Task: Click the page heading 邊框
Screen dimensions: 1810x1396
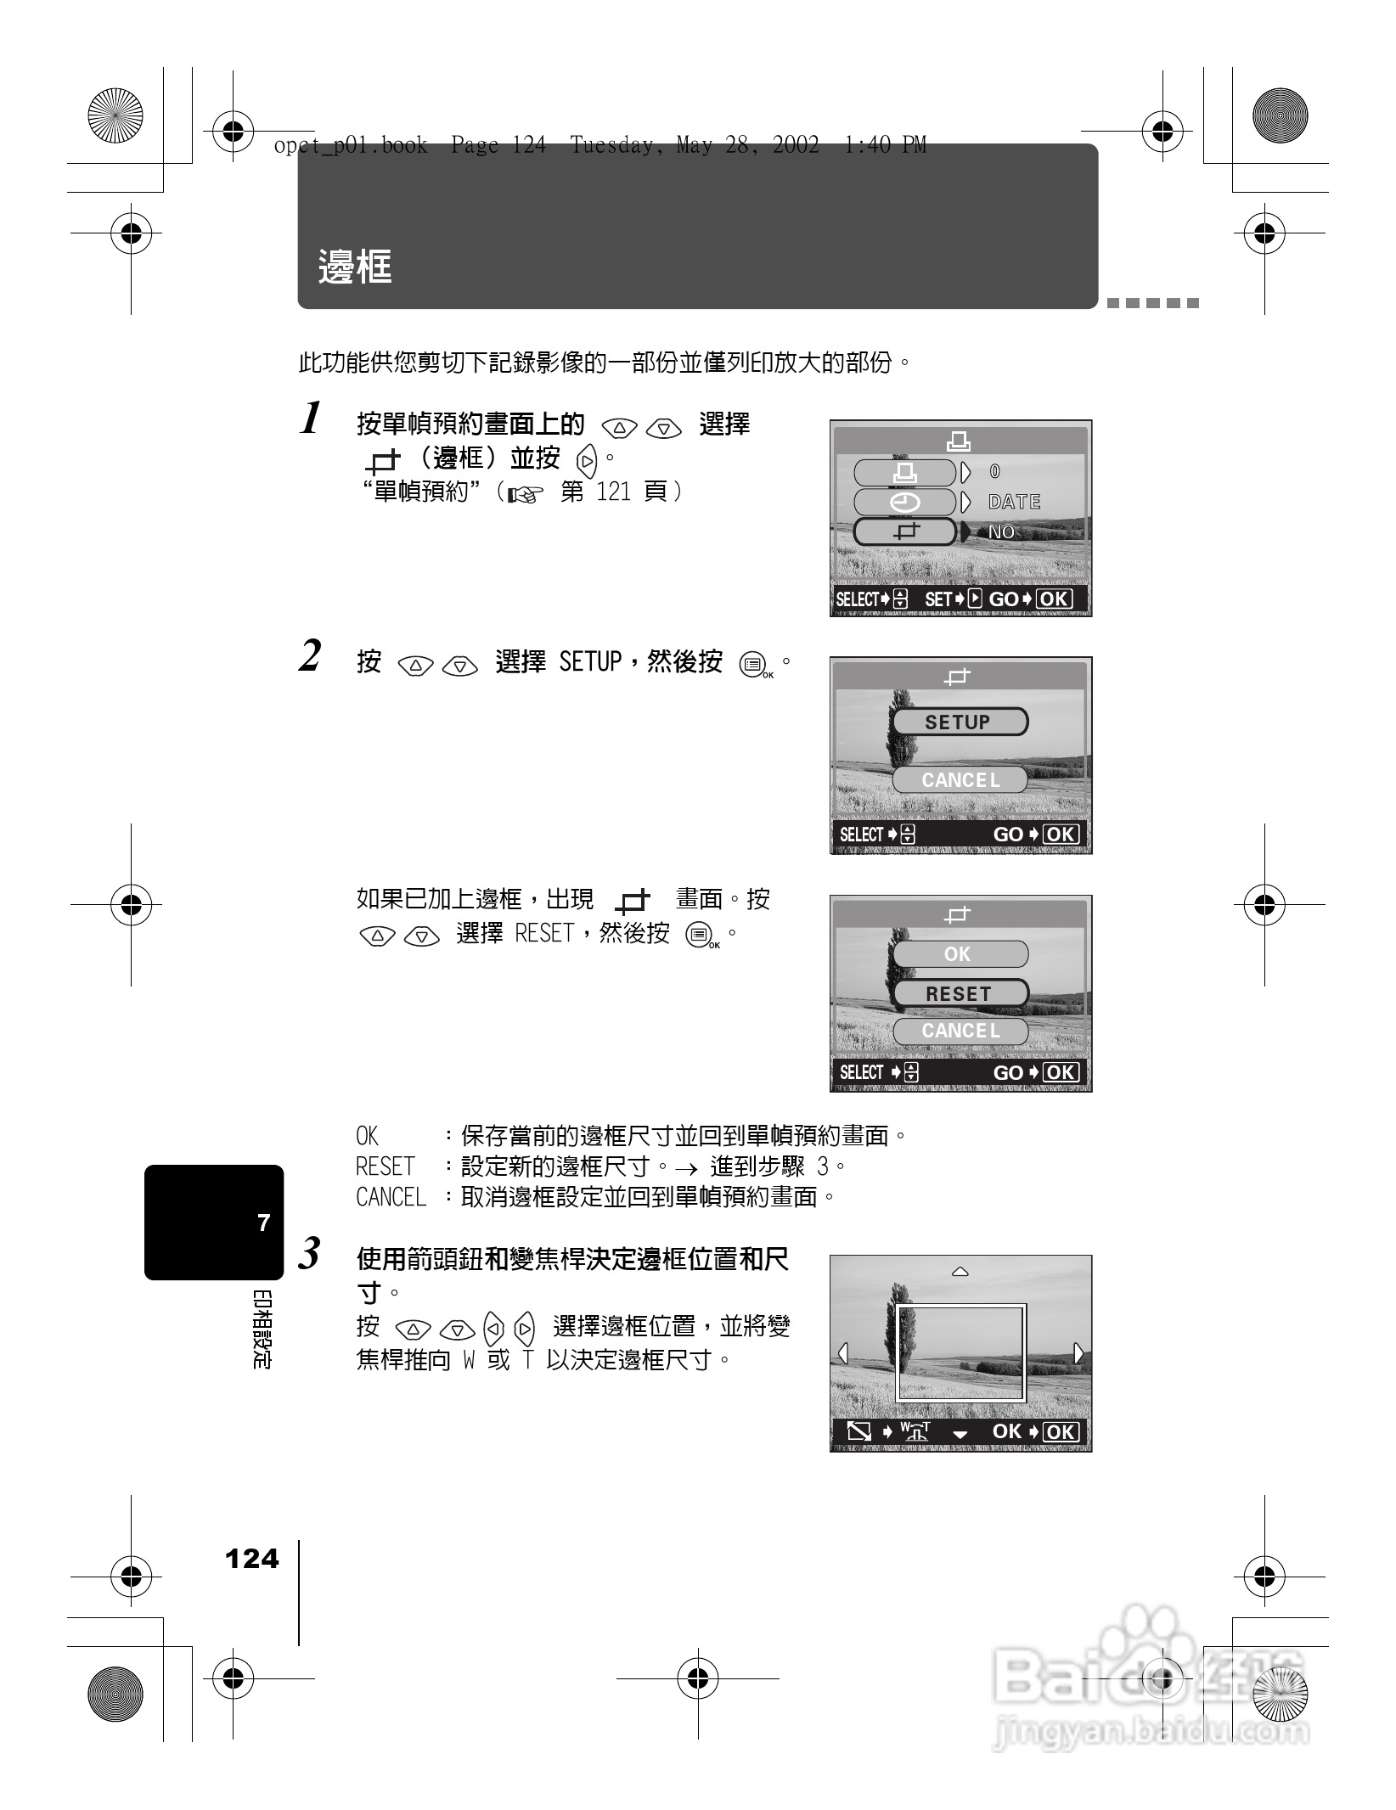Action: click(x=355, y=267)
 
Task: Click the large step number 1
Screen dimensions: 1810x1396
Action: click(x=311, y=419)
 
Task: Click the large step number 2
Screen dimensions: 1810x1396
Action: click(x=311, y=656)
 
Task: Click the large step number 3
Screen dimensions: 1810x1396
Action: click(x=311, y=1253)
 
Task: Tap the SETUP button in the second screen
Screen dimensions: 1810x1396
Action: click(x=959, y=722)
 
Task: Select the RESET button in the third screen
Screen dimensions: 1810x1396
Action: click(x=960, y=993)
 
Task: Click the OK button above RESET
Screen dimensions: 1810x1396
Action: click(x=960, y=954)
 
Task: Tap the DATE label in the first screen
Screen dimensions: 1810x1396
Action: click(x=1014, y=502)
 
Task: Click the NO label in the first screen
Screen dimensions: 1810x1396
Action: click(x=1002, y=532)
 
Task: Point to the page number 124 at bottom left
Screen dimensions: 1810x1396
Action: click(x=251, y=1559)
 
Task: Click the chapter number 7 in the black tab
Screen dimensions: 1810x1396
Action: click(x=264, y=1223)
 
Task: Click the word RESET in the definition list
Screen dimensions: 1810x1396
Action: click(x=386, y=1166)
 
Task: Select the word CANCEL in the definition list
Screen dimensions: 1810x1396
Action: click(x=391, y=1197)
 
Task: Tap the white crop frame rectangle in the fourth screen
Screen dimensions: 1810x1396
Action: click(x=961, y=1306)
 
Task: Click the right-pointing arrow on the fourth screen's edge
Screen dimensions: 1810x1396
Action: click(x=1078, y=1352)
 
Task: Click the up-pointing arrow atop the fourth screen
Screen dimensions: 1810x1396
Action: click(x=960, y=1272)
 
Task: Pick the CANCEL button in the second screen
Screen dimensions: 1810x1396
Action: click(x=960, y=780)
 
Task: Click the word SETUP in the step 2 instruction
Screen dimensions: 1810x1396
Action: click(x=591, y=661)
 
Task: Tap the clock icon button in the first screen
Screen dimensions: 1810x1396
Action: click(x=905, y=503)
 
